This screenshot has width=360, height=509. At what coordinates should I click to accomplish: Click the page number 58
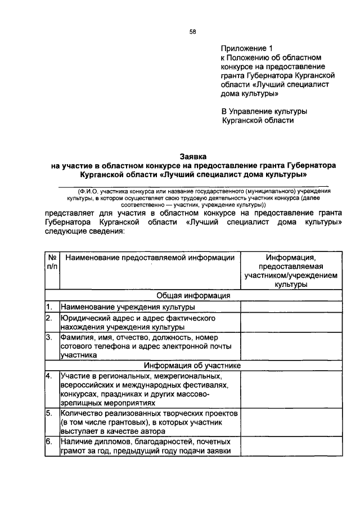(193, 32)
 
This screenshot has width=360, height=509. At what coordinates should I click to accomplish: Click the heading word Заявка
(193, 156)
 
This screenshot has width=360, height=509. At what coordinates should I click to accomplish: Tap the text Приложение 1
(244, 48)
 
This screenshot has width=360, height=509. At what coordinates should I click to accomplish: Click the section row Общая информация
(193, 295)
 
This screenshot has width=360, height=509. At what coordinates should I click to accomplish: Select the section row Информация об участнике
(193, 365)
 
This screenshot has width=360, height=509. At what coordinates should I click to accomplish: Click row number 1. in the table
(49, 307)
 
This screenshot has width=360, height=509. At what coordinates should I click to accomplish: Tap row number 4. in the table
(49, 376)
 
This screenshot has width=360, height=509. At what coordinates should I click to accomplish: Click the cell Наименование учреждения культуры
(128, 307)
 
